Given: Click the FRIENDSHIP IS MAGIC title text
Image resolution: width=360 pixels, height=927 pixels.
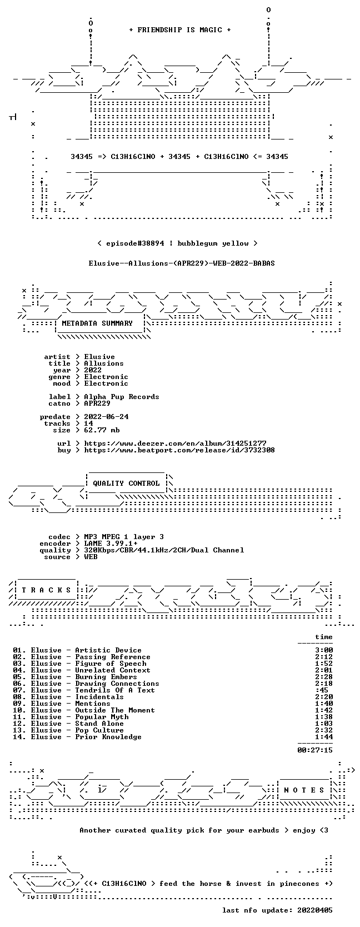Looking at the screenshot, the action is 180,30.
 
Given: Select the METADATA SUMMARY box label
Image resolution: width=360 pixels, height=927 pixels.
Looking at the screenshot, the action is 97,323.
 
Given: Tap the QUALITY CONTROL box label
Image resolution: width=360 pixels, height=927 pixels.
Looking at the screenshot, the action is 126,484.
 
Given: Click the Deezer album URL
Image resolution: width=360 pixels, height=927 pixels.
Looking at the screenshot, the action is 176,443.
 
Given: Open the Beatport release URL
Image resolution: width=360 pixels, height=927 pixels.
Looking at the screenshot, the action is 179,450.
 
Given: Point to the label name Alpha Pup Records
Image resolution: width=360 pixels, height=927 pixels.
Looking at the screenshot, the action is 122,397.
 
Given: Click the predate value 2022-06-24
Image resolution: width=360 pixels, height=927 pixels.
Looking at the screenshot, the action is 106,417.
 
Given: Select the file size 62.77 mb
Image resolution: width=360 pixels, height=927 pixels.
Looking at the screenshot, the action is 102,430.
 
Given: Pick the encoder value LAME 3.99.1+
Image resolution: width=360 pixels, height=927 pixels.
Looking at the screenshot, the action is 111,544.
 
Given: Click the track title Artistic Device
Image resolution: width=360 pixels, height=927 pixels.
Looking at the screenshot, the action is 108,650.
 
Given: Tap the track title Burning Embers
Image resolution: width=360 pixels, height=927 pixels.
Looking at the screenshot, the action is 106,676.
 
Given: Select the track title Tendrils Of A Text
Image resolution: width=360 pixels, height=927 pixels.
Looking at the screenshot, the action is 115,690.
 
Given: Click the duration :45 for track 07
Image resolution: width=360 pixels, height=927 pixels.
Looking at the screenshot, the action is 322,690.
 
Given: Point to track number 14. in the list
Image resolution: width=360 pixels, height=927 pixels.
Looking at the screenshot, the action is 19,736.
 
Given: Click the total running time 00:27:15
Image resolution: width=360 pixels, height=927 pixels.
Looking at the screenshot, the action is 315,750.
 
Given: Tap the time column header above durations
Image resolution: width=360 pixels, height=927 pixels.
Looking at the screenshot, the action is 323,637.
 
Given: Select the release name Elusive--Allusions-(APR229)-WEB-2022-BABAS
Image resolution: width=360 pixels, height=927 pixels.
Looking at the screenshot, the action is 182,263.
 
